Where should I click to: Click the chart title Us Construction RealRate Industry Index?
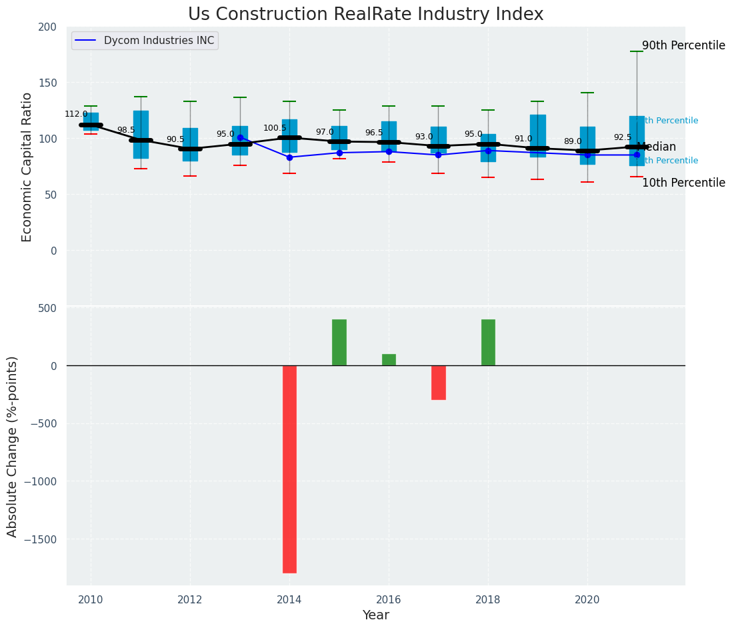pos(365,15)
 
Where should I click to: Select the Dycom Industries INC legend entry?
pos(159,41)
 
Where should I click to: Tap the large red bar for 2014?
pos(289,469)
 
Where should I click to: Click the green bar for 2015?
pos(339,342)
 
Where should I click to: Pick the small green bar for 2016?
pos(389,359)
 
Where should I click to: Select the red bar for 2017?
pos(438,382)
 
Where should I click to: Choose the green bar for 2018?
pos(488,342)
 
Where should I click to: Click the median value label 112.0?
pos(76,114)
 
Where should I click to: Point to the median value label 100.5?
pos(275,128)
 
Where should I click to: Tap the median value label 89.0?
pos(573,141)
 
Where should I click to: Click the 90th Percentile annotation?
pos(683,46)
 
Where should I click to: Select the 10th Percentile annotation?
pos(683,183)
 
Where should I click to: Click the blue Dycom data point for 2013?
pos(240,138)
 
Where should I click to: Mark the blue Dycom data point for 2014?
pos(289,157)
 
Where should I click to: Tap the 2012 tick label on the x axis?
pos(190,599)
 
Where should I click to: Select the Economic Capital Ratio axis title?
pos(27,167)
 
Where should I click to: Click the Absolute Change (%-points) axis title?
pos(13,447)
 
